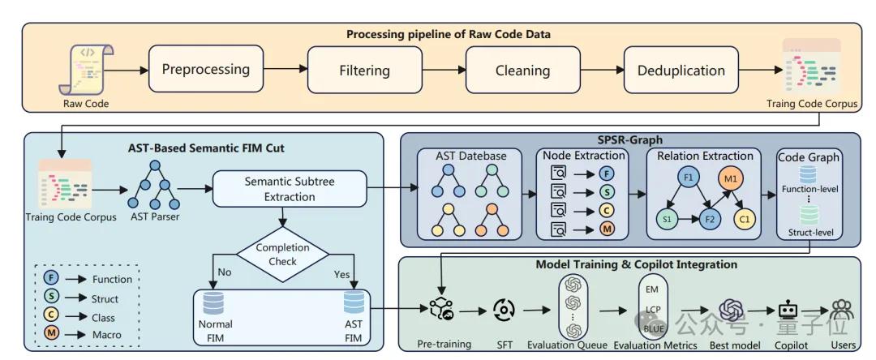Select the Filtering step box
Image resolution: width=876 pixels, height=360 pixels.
364,70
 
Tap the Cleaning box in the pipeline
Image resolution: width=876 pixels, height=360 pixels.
523,70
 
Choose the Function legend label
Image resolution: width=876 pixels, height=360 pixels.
112,279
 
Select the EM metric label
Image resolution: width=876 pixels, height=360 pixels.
650,287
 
